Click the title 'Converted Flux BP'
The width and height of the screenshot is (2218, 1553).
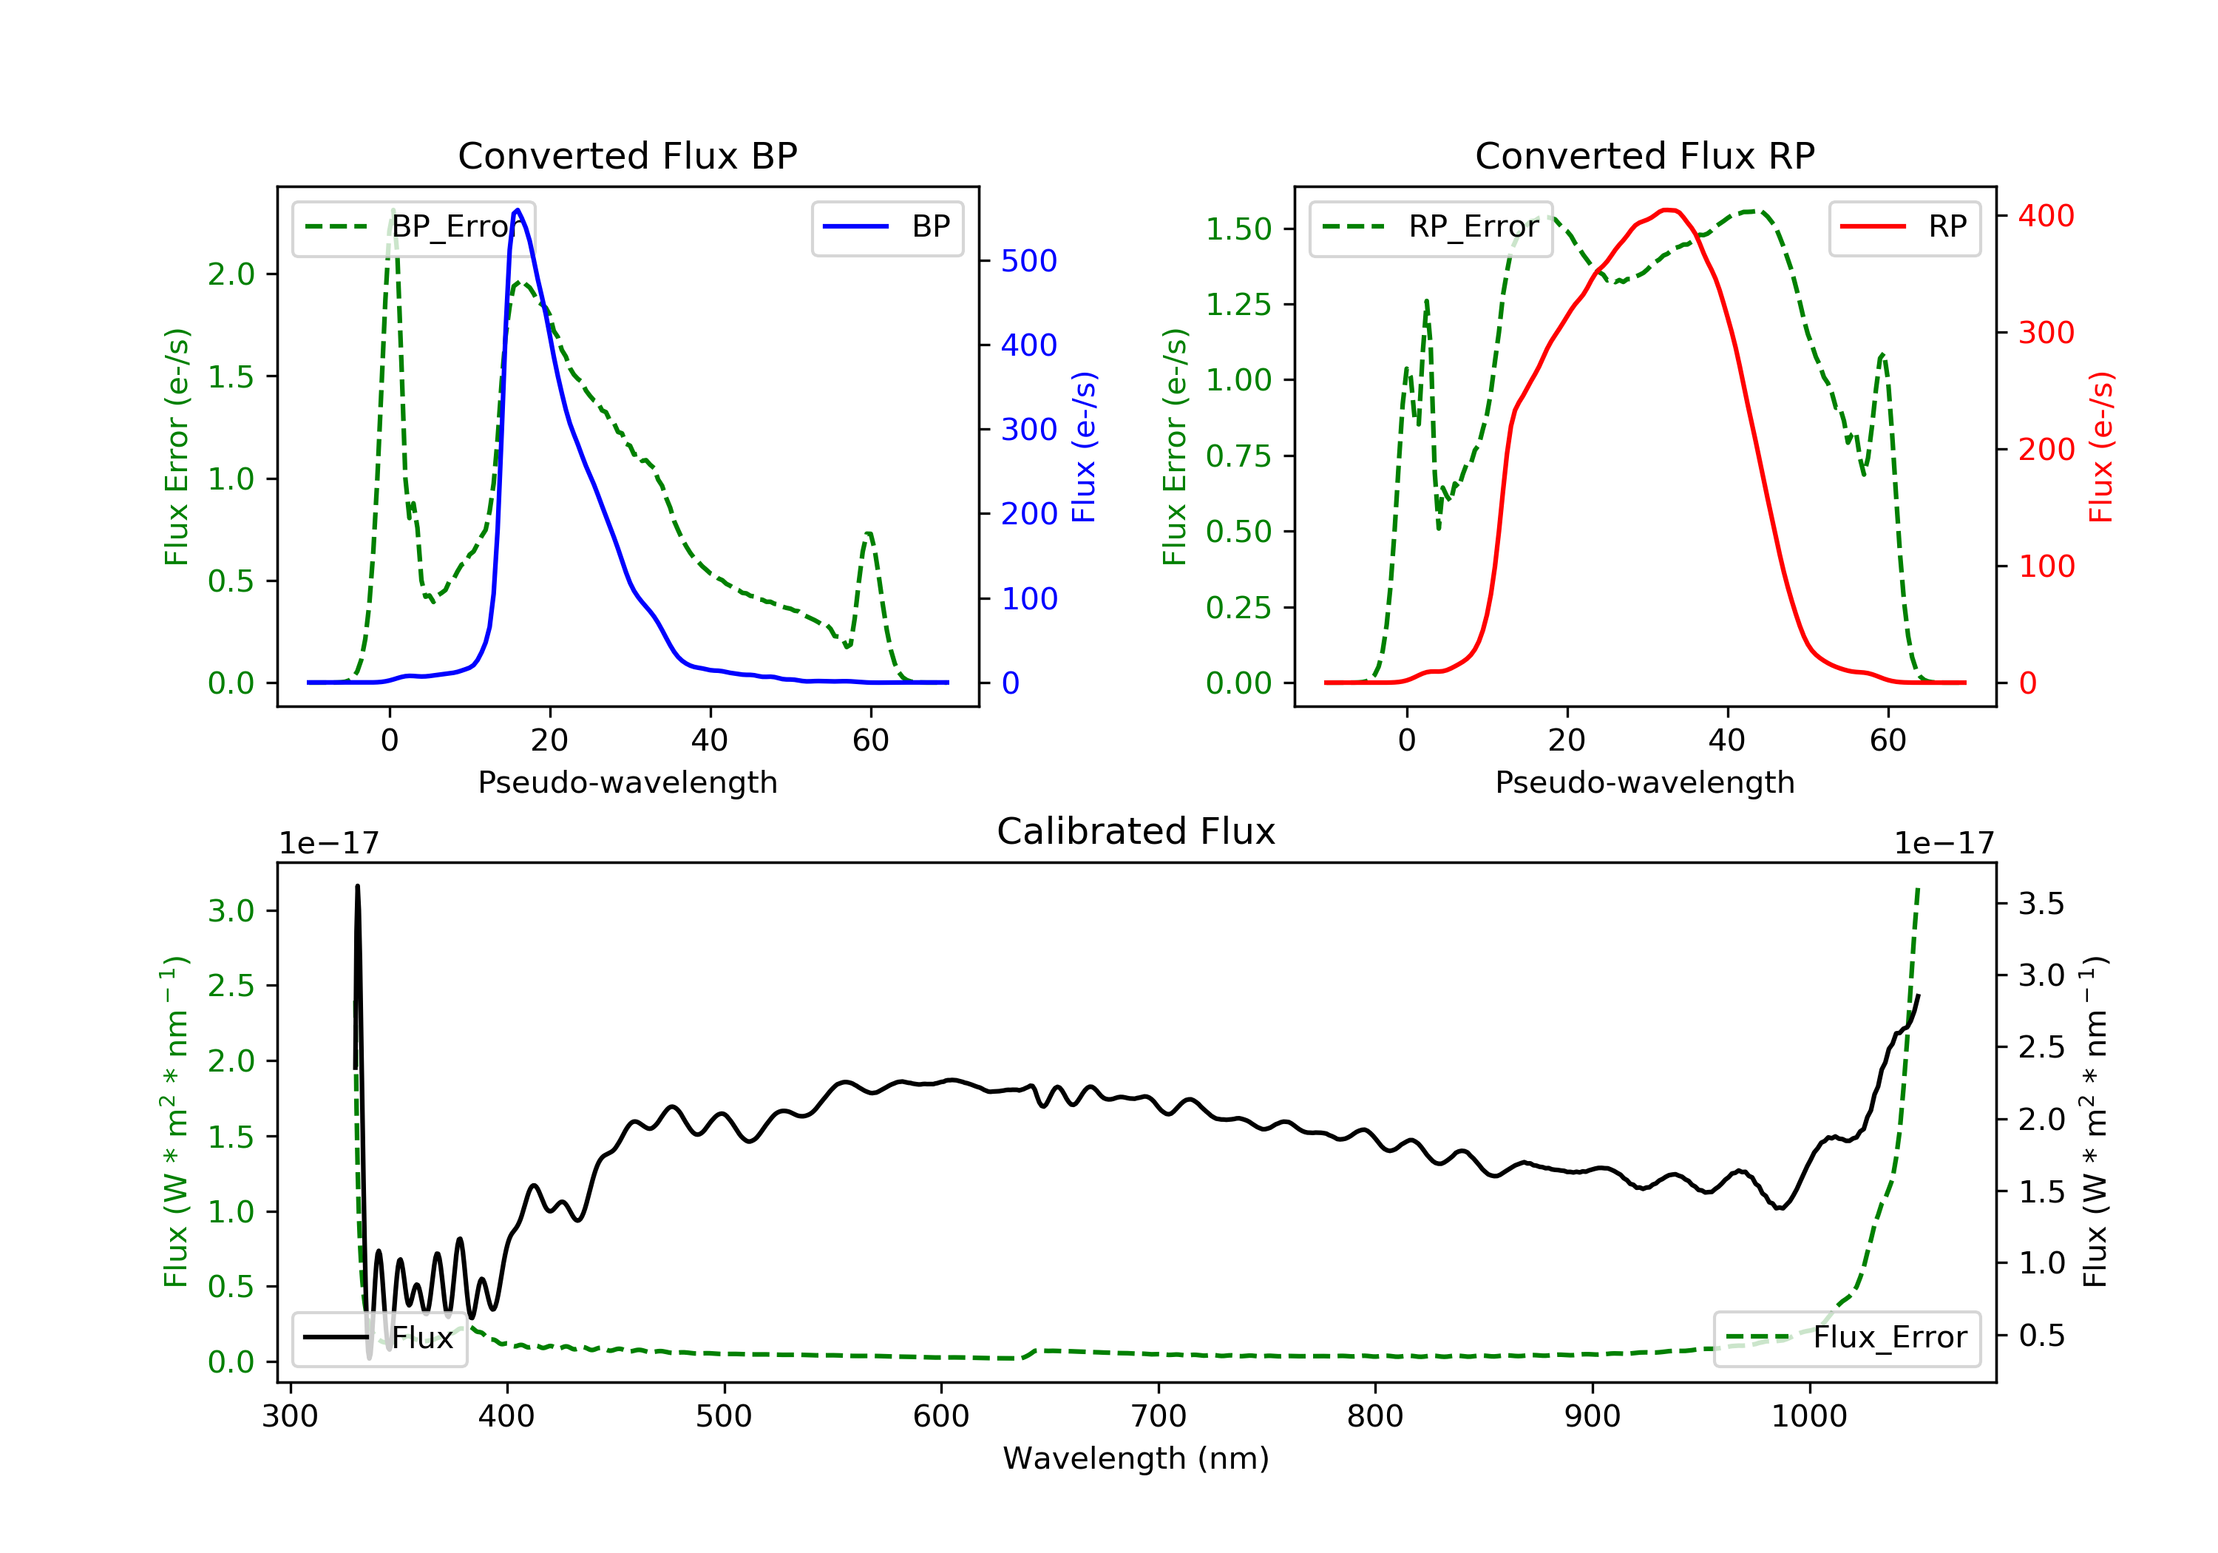[x=627, y=155]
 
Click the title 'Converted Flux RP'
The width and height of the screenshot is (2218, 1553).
[x=1644, y=155]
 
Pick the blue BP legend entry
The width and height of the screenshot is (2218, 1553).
[x=886, y=227]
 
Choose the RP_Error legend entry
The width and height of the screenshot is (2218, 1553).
[x=1431, y=227]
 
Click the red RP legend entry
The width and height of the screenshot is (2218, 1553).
[x=1904, y=227]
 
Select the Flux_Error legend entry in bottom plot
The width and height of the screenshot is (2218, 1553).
[x=1846, y=1338]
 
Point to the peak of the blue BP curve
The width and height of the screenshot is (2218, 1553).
[x=518, y=210]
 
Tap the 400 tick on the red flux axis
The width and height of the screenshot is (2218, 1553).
[x=2046, y=215]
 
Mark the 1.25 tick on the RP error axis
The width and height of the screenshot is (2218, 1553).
[x=1238, y=305]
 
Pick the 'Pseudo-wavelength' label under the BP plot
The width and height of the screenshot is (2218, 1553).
[x=627, y=782]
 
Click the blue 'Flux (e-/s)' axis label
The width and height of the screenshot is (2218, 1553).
[x=1084, y=447]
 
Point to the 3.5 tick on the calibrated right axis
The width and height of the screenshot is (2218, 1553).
[x=2041, y=904]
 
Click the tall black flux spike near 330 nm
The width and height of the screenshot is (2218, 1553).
[x=357, y=889]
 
